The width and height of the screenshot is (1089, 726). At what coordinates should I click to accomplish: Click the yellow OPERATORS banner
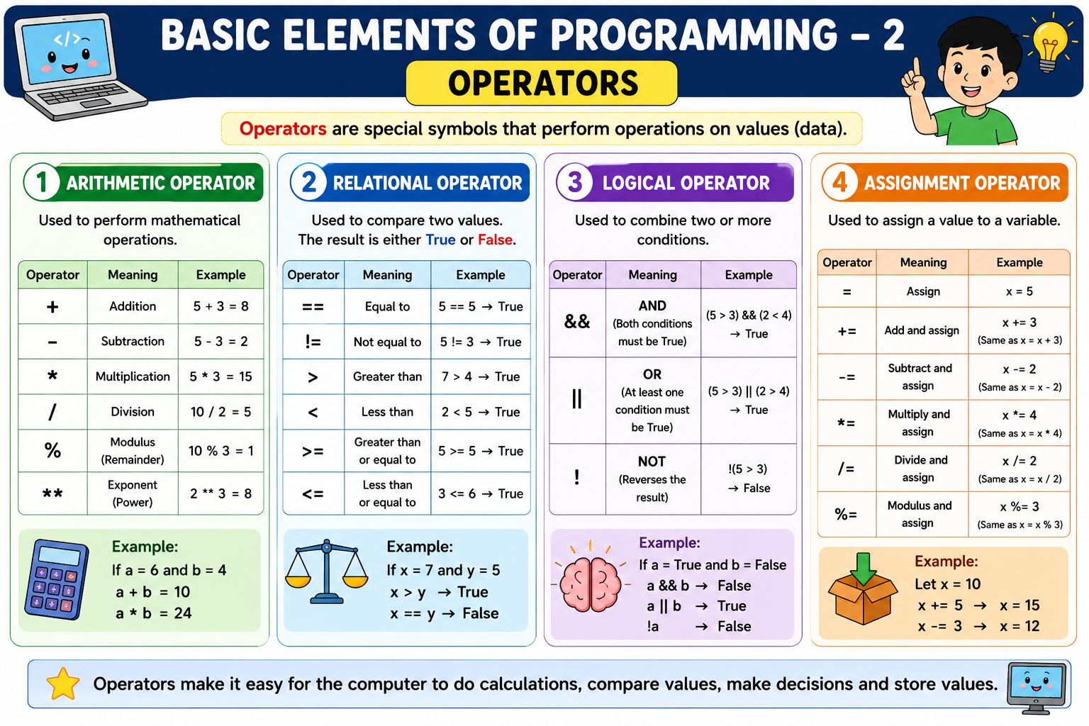[541, 83]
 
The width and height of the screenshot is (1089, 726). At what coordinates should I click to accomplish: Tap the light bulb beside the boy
[1049, 45]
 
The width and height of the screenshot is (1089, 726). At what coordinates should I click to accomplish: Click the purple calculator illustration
[57, 580]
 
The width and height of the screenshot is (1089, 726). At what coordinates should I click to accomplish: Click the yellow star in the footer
[62, 683]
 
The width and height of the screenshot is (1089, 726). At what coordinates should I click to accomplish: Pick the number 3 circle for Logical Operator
[575, 182]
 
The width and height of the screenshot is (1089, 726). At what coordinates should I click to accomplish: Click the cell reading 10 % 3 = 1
[220, 451]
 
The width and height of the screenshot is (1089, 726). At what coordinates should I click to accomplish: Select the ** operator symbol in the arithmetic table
[52, 493]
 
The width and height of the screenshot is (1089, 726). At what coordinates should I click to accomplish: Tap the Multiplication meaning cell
[133, 376]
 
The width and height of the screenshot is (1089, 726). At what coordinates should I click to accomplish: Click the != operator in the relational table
[313, 342]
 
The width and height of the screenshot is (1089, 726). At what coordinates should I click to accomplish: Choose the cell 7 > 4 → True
[480, 376]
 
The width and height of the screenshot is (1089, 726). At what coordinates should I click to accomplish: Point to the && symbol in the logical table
[577, 321]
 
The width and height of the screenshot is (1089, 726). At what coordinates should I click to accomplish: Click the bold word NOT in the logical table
[652, 461]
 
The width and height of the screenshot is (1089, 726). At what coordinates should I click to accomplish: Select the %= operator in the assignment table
[846, 514]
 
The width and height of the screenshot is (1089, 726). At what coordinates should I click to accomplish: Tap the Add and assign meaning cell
[922, 330]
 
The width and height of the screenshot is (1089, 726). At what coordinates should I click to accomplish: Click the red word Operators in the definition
[282, 128]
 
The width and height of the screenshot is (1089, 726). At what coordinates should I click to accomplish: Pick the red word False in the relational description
[496, 239]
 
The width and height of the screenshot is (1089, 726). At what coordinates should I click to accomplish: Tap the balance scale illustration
[327, 571]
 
